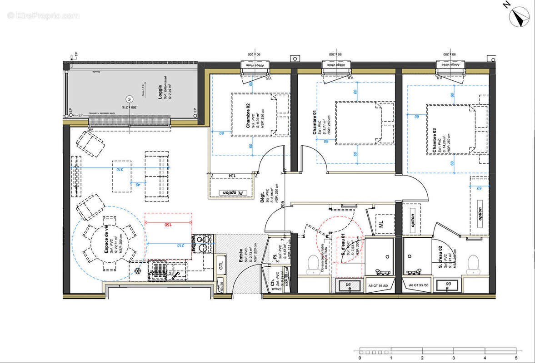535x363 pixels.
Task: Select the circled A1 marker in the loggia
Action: coord(129,99)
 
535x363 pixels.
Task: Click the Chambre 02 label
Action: coord(248,116)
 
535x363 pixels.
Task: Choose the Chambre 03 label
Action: coord(435,141)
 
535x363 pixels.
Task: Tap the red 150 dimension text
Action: coord(168,224)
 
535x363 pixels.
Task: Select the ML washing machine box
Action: coord(381,223)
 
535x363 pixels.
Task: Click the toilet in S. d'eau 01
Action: coord(313,265)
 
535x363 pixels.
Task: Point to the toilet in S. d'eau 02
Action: coord(473,265)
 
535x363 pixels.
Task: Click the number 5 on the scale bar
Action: coord(516,358)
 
